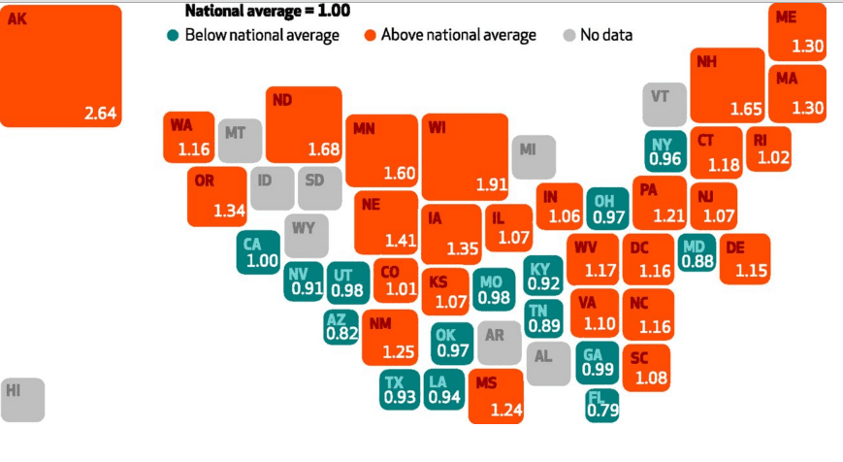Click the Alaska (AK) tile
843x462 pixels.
[61, 66]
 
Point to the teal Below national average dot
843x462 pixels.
[172, 36]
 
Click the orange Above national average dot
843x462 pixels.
[370, 36]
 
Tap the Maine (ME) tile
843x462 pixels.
[796, 32]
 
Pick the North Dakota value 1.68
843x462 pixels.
[323, 149]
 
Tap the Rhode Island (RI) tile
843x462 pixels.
[772, 149]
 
